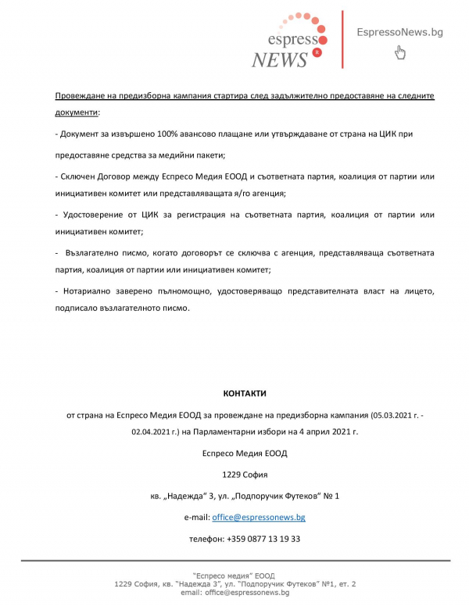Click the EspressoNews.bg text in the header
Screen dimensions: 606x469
click(399, 32)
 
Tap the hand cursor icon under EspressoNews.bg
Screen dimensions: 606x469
click(400, 53)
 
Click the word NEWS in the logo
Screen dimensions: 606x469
click(280, 59)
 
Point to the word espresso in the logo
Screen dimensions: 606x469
click(292, 39)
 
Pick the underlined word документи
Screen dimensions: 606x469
click(77, 113)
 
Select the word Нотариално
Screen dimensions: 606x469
click(91, 291)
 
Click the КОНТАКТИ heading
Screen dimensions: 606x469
click(244, 394)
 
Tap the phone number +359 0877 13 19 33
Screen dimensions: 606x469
click(263, 539)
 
